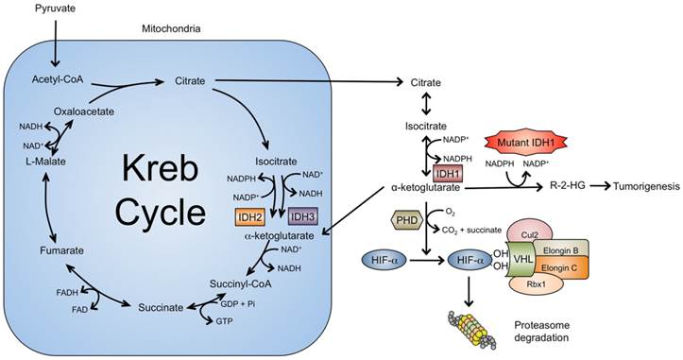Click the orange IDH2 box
coord(250,216)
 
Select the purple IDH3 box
coord(302,216)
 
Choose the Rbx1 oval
coord(537,284)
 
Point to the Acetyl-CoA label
coord(58,79)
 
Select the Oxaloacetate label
coord(84,111)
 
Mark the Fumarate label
coord(61,250)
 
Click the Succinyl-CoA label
coord(240,284)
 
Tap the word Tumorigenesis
coord(646,186)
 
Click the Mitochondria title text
coord(171,28)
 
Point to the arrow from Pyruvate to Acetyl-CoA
coord(56,43)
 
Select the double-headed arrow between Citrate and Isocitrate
coord(425,105)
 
